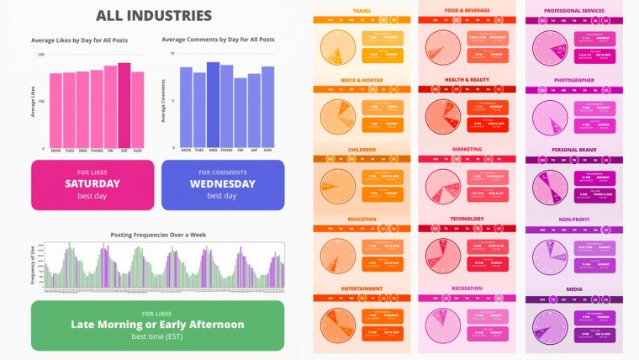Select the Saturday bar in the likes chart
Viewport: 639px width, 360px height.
point(124,105)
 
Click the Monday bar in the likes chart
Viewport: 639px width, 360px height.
point(55,110)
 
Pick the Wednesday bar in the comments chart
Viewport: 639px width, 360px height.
point(213,104)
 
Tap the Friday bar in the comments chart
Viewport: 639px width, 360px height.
point(240,112)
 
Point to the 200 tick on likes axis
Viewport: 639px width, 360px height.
point(41,55)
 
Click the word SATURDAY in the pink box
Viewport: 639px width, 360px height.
point(92,183)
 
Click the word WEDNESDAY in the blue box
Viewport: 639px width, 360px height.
point(223,183)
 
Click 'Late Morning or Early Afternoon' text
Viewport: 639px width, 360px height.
point(157,324)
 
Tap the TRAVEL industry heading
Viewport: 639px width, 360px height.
point(363,10)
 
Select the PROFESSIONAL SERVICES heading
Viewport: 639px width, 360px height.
point(575,10)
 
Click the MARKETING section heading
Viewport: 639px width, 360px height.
point(467,150)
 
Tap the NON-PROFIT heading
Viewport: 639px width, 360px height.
point(575,220)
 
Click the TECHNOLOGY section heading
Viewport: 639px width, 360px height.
point(467,220)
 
